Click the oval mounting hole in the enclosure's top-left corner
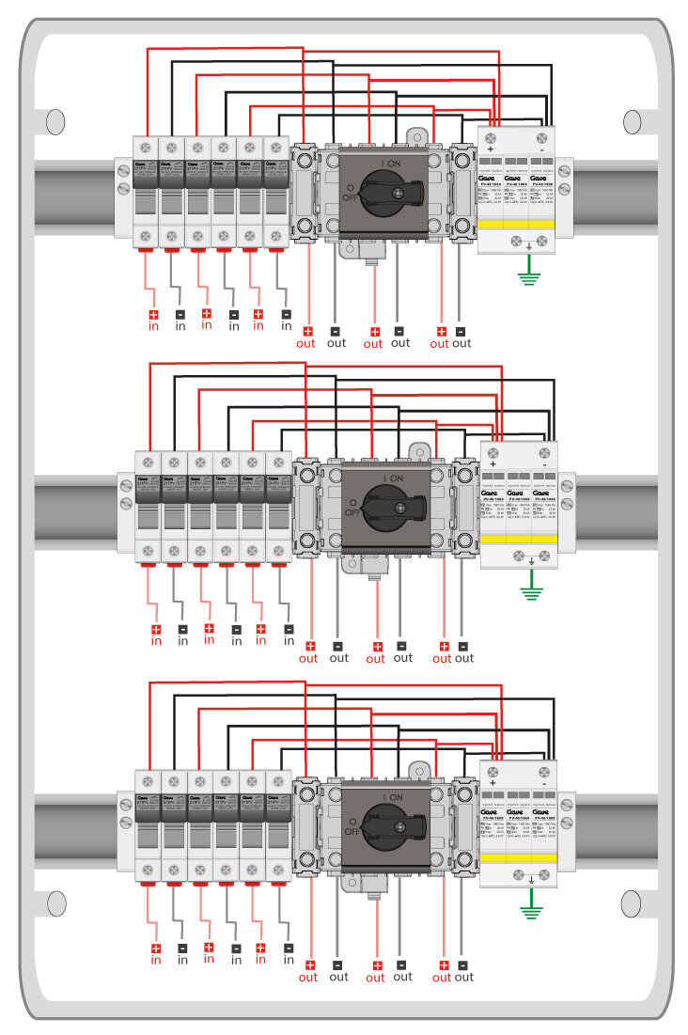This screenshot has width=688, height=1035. click(x=55, y=121)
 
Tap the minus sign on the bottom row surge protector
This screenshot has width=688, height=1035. click(x=544, y=770)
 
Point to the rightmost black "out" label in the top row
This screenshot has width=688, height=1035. click(x=461, y=343)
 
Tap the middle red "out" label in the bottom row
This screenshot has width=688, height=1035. click(x=375, y=977)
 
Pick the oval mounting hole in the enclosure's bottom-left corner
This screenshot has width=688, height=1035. click(x=55, y=903)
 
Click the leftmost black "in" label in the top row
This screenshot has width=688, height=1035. click(x=180, y=326)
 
